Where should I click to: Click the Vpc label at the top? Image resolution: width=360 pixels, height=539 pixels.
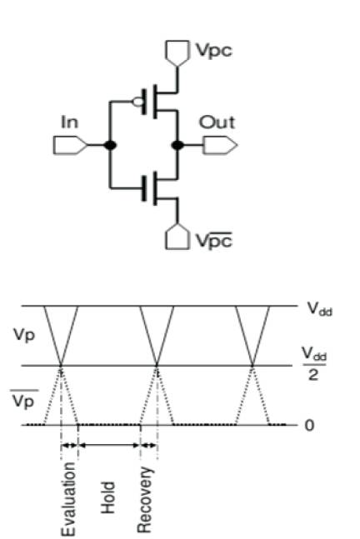(x=214, y=51)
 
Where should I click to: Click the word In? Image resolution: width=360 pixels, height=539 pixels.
(x=69, y=122)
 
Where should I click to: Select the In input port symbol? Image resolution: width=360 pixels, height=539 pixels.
(x=71, y=145)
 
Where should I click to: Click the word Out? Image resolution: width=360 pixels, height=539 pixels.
(x=217, y=122)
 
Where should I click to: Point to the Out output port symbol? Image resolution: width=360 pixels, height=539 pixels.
(x=220, y=145)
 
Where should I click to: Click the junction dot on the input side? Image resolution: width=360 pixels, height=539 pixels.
(x=110, y=145)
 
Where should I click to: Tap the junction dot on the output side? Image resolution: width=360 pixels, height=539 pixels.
(x=177, y=145)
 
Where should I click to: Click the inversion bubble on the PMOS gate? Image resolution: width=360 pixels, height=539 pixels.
(x=137, y=102)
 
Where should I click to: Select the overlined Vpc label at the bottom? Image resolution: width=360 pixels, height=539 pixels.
(x=214, y=240)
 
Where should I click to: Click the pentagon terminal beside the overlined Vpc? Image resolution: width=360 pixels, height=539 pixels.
(x=177, y=237)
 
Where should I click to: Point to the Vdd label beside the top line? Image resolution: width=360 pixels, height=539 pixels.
(x=320, y=309)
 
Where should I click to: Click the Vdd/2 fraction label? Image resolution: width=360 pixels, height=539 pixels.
(x=314, y=363)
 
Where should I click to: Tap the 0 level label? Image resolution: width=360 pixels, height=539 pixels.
(x=309, y=426)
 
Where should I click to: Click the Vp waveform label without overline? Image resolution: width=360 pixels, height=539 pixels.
(x=24, y=334)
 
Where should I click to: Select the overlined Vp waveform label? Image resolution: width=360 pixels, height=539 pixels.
(x=23, y=398)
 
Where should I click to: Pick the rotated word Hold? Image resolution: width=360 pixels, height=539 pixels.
(x=107, y=497)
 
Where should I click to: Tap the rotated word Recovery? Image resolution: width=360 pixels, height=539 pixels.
(x=144, y=500)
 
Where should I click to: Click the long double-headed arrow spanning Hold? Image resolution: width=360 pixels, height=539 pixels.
(x=109, y=445)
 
